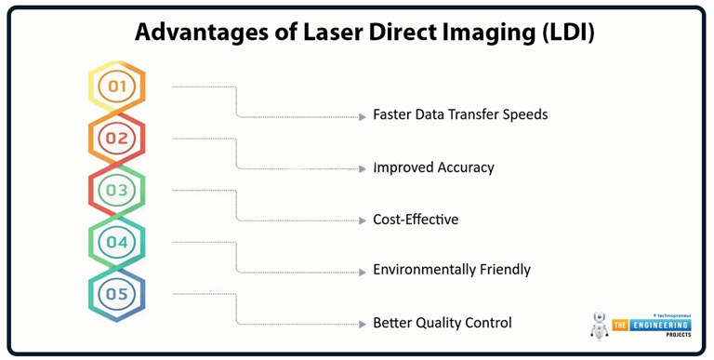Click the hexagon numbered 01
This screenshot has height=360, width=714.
pyautogui.click(x=117, y=87)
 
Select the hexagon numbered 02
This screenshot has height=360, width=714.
pyautogui.click(x=117, y=139)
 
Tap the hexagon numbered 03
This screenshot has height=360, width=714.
pyautogui.click(x=117, y=191)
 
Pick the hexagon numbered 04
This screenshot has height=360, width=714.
pyautogui.click(x=117, y=243)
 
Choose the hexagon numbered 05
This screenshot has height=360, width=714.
pyautogui.click(x=117, y=295)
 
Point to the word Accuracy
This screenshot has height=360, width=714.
pyautogui.click(x=461, y=168)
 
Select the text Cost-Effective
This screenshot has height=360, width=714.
pyautogui.click(x=416, y=220)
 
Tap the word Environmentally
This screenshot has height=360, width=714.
pyautogui.click(x=423, y=271)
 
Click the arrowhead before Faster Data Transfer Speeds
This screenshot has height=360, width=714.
pyautogui.click(x=363, y=116)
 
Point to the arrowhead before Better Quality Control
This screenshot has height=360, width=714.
pyautogui.click(x=363, y=324)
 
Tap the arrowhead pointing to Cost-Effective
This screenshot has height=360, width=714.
pyautogui.click(x=363, y=220)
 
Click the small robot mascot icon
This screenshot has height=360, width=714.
pyautogui.click(x=599, y=324)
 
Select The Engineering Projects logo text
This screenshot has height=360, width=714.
pyautogui.click(x=650, y=326)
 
